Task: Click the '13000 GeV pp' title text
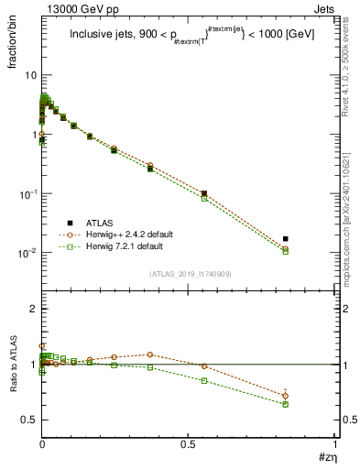(x=74, y=9)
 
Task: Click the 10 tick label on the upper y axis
(x=31, y=75)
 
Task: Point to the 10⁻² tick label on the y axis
(x=27, y=253)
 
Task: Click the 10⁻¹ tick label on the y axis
(x=27, y=194)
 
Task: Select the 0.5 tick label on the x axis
(x=189, y=444)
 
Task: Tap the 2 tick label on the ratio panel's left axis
(x=33, y=309)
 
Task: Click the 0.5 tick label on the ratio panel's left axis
(x=29, y=420)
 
